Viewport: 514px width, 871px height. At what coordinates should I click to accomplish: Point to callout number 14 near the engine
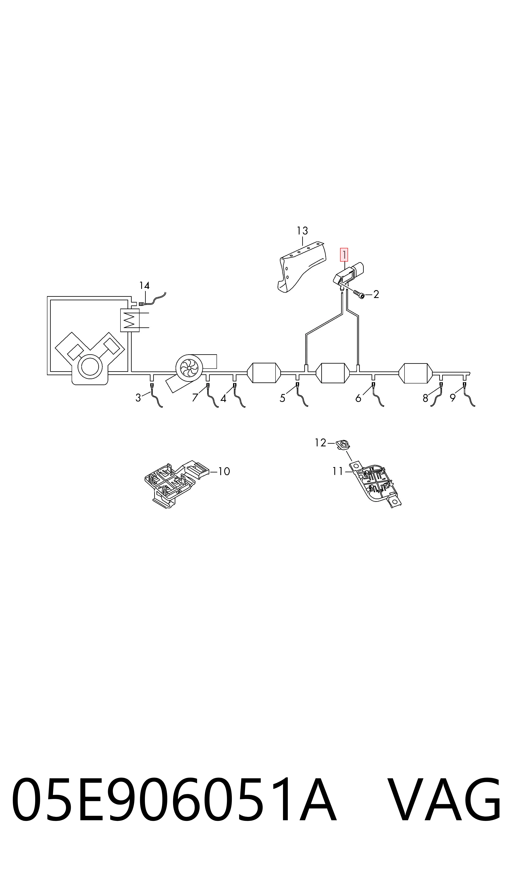pyautogui.click(x=144, y=286)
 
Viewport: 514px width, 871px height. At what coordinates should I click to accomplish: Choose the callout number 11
pyautogui.click(x=338, y=471)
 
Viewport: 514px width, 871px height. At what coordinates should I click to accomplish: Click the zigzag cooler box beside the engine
pyautogui.click(x=130, y=320)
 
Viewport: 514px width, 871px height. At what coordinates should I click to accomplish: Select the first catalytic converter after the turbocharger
pyautogui.click(x=264, y=373)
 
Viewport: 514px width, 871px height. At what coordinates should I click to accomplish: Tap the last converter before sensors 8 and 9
pyautogui.click(x=416, y=373)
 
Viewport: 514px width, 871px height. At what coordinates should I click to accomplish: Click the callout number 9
pyautogui.click(x=453, y=398)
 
